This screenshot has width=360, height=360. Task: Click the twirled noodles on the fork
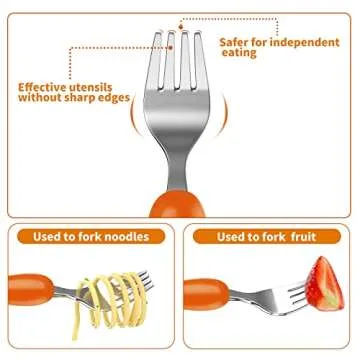coord(111,295)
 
